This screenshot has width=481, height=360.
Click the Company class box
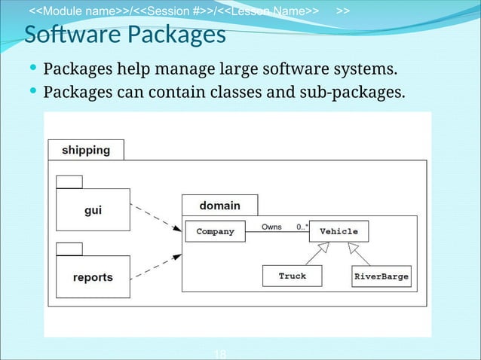point(215,231)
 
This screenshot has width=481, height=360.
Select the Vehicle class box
point(339,231)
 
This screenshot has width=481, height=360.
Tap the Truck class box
point(292,276)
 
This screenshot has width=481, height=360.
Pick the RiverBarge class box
point(381,276)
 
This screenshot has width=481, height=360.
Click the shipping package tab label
point(85,150)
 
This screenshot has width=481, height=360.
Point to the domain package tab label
point(219,205)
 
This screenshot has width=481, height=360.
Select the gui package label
point(93,210)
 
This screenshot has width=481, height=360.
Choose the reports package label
point(93,277)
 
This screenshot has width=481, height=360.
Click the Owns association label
point(271,226)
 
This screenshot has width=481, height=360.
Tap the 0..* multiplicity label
point(302,226)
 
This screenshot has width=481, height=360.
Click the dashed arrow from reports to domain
point(156,267)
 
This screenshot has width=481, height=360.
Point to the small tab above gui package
point(69,181)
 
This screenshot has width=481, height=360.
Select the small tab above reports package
point(69,249)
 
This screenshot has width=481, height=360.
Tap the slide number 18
point(221,354)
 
